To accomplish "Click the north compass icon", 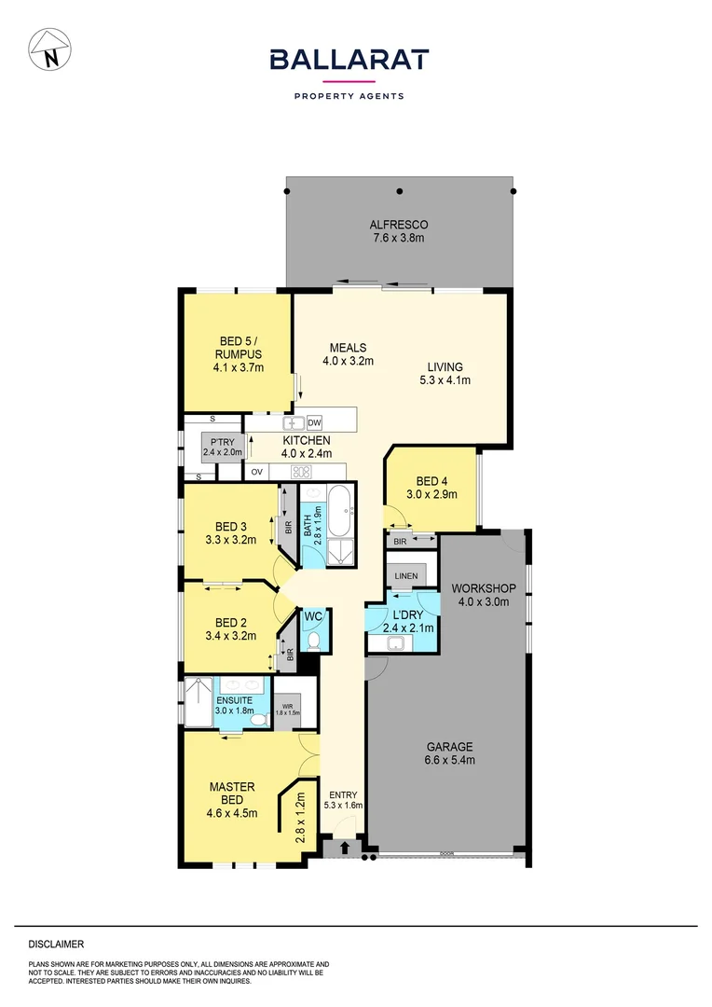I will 50,49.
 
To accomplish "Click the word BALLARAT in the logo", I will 349,60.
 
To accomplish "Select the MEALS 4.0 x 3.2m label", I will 348,354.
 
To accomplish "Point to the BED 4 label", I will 431,488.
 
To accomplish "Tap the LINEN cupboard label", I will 405,577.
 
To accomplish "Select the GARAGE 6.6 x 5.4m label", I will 451,753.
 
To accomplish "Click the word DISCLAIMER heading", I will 56,945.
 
